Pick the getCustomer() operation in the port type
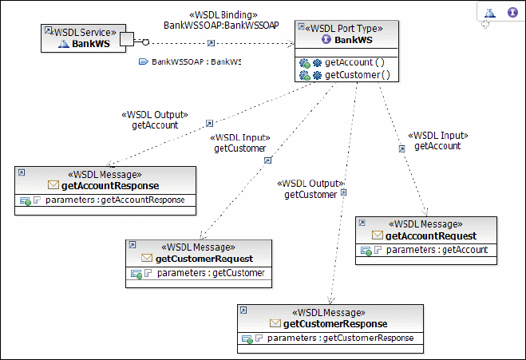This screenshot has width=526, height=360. click(357, 75)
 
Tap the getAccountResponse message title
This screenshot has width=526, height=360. click(111, 185)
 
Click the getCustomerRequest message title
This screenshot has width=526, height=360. click(204, 258)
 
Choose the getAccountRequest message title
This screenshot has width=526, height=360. click(430, 235)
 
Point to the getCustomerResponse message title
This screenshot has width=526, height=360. click(335, 323)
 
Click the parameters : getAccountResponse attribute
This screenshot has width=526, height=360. click(116, 200)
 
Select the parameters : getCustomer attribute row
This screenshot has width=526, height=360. click(211, 273)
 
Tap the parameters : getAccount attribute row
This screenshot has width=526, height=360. click(437, 250)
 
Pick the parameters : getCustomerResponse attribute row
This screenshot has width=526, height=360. click(341, 338)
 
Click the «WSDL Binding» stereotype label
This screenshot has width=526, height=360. click(222, 15)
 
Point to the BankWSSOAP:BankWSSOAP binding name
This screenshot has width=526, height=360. click(221, 26)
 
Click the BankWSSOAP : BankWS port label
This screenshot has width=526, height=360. click(196, 61)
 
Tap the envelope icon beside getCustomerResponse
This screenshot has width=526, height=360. click(275, 323)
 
